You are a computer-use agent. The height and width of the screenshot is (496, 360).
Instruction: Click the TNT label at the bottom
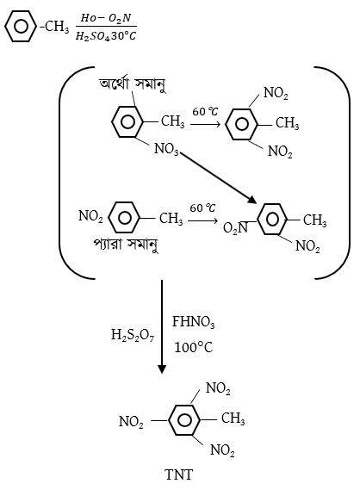(x=178, y=474)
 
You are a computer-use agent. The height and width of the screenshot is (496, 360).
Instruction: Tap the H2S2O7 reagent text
(x=133, y=335)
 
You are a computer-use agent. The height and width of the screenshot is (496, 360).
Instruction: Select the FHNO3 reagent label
(x=193, y=322)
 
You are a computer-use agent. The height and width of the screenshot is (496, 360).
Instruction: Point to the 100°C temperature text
(x=193, y=347)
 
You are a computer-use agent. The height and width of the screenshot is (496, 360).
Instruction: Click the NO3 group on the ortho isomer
(x=166, y=149)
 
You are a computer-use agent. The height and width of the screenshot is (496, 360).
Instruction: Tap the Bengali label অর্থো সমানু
(x=133, y=84)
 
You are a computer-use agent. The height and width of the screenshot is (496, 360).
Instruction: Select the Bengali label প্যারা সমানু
(x=126, y=244)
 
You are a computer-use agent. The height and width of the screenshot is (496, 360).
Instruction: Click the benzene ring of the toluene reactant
(x=21, y=26)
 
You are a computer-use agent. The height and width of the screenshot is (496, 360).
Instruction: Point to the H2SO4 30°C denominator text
(x=106, y=36)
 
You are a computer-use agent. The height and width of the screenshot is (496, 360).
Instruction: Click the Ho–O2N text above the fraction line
(x=106, y=18)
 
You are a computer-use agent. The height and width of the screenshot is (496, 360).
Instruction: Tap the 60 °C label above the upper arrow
(x=205, y=111)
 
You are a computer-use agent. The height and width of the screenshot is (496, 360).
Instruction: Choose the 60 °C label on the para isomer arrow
(x=202, y=208)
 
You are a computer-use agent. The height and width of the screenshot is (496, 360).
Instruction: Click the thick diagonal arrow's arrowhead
(x=251, y=199)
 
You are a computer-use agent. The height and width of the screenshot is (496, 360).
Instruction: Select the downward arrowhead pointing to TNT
(x=162, y=369)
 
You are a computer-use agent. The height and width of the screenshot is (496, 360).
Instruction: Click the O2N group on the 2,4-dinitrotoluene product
(x=235, y=227)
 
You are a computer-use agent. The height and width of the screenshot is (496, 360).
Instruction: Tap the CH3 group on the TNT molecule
(x=233, y=418)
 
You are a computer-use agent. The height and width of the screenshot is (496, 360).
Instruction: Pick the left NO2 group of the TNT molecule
(x=131, y=422)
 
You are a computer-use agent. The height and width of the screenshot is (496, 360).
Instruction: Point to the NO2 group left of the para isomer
(x=90, y=216)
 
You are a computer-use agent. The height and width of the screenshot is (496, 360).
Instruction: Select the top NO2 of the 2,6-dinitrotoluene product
(x=276, y=93)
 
